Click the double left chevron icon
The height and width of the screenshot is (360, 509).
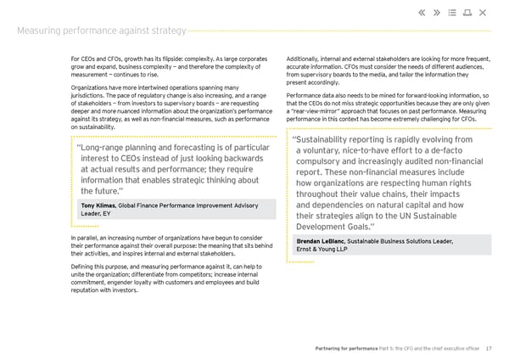pyautogui.click(x=423, y=12)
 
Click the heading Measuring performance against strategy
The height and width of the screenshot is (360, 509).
pyautogui.click(x=102, y=31)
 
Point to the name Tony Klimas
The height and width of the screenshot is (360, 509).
pyautogui.click(x=99, y=205)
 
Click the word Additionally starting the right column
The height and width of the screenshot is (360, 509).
pyautogui.click(x=307, y=58)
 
